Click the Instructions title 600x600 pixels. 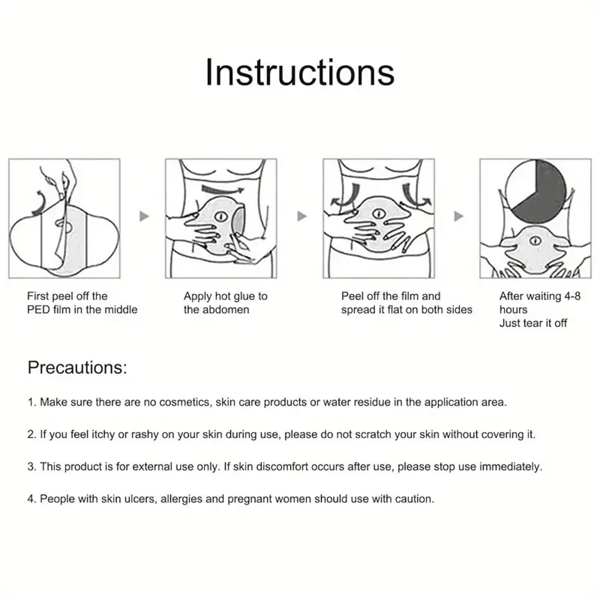299,73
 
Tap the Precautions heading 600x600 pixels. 77,367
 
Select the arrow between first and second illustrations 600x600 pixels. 144,216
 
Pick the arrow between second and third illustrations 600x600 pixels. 302,216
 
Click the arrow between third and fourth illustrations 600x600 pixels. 459,216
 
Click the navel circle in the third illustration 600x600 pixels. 378,214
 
